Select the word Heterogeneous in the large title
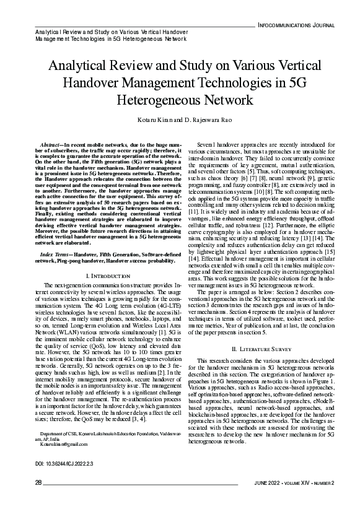[x=157, y=98]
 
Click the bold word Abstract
[x=50, y=144]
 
